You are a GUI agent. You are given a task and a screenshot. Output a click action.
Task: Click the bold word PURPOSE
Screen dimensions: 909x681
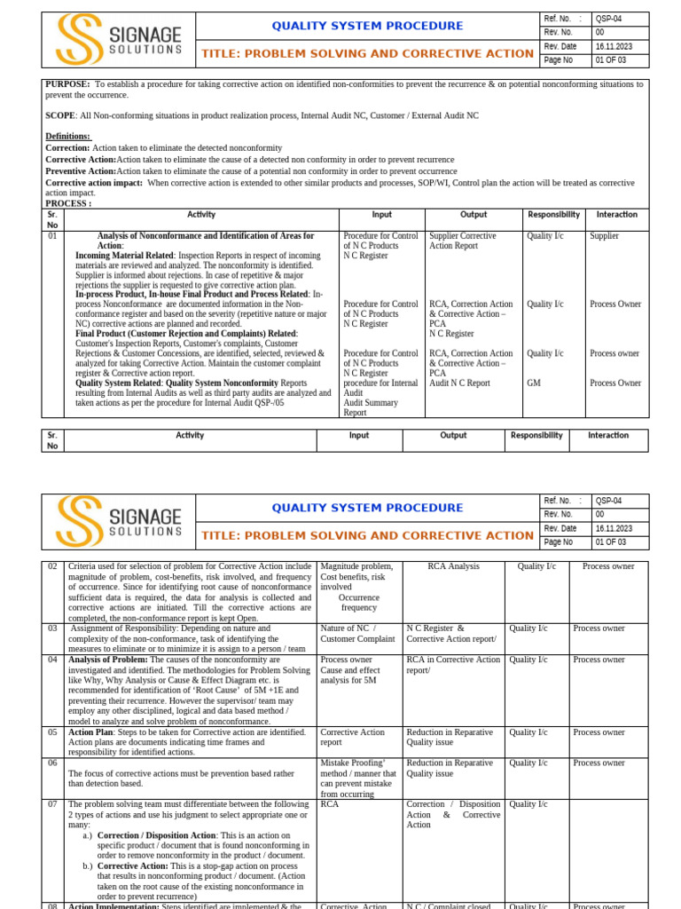pos(67,84)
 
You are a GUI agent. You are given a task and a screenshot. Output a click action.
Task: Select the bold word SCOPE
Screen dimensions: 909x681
pos(60,115)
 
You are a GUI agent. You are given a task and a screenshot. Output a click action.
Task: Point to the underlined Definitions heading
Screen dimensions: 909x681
pos(67,136)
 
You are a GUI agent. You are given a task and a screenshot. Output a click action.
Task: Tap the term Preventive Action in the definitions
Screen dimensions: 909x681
pos(81,170)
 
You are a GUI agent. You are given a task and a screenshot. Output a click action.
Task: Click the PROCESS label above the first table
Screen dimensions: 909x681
pos(68,203)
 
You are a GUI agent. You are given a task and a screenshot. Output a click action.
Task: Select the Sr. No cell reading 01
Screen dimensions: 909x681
pos(52,236)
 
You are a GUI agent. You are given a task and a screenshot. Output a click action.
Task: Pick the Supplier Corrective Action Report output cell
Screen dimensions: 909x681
pos(464,241)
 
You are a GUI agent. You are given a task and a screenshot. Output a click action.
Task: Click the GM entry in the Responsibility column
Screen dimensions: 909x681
pos(533,383)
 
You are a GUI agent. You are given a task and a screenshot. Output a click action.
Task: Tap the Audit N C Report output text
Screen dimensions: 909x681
pos(459,383)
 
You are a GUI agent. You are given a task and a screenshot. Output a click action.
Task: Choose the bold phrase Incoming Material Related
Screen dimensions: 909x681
pos(124,256)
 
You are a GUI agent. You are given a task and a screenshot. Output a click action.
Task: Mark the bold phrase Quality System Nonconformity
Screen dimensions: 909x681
pos(222,383)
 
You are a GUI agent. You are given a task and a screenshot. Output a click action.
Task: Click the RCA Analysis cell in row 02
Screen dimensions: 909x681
pos(453,566)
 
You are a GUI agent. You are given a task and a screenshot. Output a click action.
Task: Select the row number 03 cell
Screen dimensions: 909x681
pos(52,628)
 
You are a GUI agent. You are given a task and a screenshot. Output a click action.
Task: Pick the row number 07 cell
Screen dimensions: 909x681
pos(52,804)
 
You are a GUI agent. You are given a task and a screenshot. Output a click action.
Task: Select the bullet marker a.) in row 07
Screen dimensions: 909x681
pos(87,835)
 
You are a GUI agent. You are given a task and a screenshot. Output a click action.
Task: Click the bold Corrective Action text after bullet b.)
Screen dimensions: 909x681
pos(132,866)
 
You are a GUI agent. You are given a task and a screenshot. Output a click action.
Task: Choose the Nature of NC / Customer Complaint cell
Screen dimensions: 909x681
pos(358,634)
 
